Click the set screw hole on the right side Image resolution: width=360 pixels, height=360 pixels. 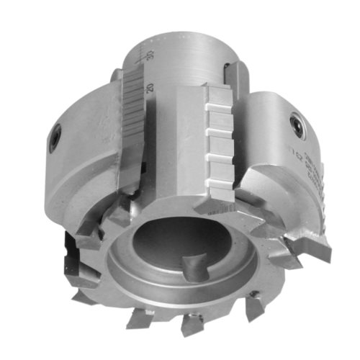(x=294, y=124)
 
